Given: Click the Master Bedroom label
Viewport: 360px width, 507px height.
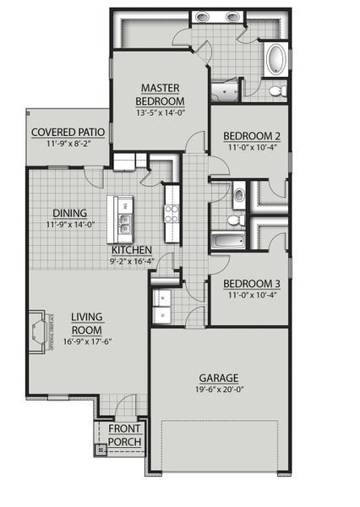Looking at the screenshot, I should coord(159,94).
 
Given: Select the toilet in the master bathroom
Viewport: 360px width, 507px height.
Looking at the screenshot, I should coord(277,90).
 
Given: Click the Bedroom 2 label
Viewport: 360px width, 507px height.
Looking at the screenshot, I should coord(250,136).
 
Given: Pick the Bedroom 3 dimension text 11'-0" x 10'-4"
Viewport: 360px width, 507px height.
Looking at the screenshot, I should coord(250,296).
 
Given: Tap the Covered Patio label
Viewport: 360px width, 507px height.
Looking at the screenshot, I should coord(68,133).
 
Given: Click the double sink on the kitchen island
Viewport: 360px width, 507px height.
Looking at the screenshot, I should coord(124,224).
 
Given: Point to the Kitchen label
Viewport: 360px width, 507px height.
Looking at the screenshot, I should coord(131,250).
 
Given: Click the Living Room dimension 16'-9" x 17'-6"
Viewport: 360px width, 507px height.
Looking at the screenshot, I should coord(87,341).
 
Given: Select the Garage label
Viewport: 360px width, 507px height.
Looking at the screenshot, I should coord(218,378).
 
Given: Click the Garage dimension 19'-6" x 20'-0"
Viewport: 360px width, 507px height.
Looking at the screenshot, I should coord(218,390).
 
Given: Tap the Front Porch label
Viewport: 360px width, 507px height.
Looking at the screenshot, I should coord(124,434).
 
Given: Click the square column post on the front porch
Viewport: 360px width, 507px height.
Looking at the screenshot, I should coord(101,450).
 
